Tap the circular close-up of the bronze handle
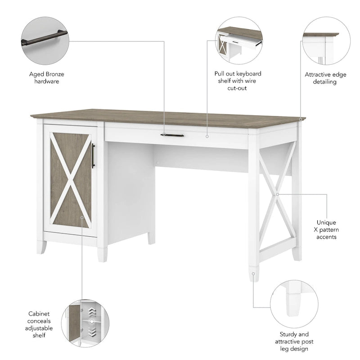point(45,41)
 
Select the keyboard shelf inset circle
point(239,41)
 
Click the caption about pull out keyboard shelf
point(238,81)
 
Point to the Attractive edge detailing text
point(325,78)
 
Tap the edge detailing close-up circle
point(325,41)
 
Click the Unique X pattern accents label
point(326,229)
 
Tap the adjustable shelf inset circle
point(85,324)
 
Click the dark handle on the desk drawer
point(172,135)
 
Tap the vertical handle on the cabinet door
point(93,156)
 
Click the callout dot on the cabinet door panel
point(82,217)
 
